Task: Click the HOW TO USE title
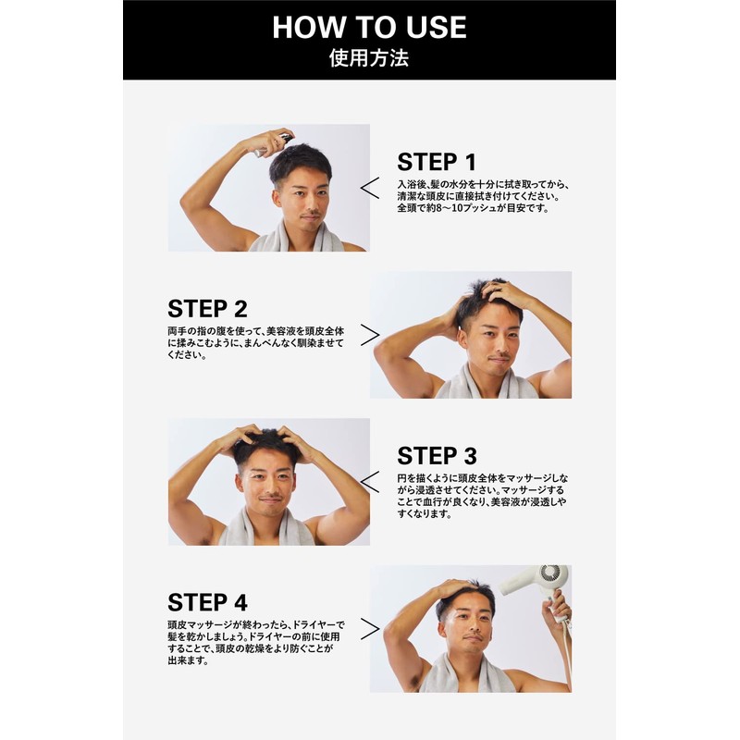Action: point(369,28)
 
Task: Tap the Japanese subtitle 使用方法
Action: point(369,58)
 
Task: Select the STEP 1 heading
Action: point(437,162)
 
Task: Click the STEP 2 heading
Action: point(207,309)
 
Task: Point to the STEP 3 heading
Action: point(437,456)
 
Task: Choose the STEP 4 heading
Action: point(207,603)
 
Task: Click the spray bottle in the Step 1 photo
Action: point(275,144)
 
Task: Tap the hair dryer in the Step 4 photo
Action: point(538,586)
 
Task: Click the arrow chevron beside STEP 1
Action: point(369,188)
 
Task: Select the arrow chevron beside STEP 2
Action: point(370,335)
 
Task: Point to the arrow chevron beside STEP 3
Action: point(369,482)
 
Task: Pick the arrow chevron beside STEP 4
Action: point(370,629)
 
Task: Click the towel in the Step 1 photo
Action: point(295,238)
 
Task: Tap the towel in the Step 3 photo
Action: point(266,527)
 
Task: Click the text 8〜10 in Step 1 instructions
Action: point(450,208)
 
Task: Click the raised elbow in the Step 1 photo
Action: point(187,203)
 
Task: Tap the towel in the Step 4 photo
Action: point(467,675)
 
